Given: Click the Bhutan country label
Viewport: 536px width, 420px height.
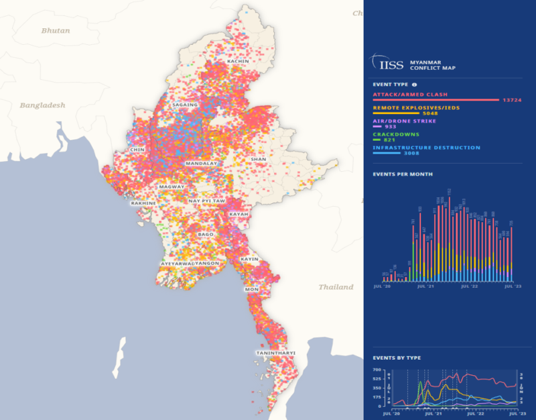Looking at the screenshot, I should (x=55, y=30).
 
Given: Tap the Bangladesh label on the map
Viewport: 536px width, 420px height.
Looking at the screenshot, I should (x=42, y=105).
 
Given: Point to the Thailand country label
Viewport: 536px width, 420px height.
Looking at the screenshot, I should (x=336, y=286).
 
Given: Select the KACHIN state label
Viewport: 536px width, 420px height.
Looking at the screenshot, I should (x=238, y=61).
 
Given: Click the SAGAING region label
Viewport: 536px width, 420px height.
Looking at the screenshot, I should (x=185, y=105).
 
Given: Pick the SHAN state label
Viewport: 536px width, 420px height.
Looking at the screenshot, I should (x=258, y=159).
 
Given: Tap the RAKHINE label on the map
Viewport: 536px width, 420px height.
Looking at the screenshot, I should (x=143, y=203).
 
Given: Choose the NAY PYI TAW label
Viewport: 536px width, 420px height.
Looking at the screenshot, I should (x=206, y=201).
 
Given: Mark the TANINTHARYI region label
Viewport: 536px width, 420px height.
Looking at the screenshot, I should (x=275, y=352).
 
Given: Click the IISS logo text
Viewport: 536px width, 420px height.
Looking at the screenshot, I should (x=392, y=65).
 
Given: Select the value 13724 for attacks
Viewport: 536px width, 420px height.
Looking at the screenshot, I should (x=511, y=100).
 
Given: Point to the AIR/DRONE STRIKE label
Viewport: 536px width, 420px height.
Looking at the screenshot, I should (x=405, y=121).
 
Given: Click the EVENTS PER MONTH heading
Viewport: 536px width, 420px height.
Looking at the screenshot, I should (x=402, y=174).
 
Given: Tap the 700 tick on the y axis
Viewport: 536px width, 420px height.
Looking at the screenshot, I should (x=377, y=370).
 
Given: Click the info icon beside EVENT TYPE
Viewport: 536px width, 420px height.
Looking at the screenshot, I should (x=414, y=85).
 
